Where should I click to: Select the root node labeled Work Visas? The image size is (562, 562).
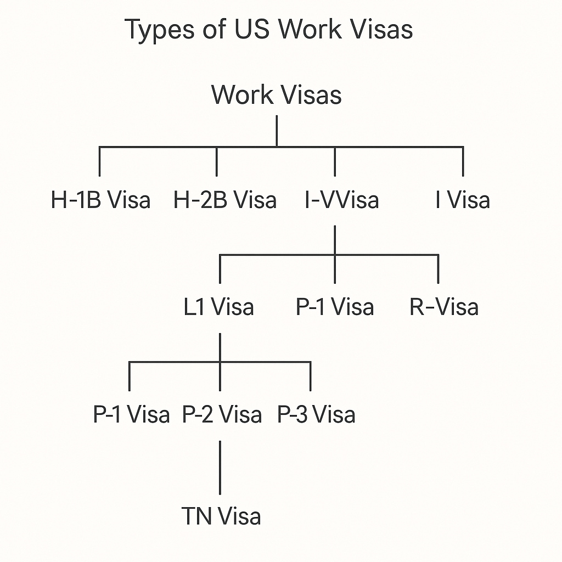tap(277, 94)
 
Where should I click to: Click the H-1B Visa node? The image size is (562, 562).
tap(100, 200)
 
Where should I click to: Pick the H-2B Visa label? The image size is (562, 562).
tap(225, 200)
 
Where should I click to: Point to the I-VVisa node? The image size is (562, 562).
tap(341, 200)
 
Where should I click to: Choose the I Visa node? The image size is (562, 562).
tap(463, 200)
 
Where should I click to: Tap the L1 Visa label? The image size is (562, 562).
tap(219, 307)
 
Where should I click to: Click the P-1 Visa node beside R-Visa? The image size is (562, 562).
tap(335, 307)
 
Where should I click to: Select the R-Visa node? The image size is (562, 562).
tap(444, 307)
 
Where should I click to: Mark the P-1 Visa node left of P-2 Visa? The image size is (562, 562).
tap(131, 414)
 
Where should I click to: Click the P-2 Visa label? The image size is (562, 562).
tap(222, 414)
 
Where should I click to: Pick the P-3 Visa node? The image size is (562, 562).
tap(316, 414)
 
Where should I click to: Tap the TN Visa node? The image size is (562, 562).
tap(221, 516)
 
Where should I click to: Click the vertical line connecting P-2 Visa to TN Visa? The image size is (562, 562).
tap(220, 467)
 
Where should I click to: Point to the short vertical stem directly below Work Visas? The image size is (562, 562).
tap(277, 131)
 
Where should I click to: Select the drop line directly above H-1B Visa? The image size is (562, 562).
tap(100, 161)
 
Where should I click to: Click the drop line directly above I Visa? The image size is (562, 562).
tap(463, 161)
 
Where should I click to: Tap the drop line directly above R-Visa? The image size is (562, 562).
tap(438, 268)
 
